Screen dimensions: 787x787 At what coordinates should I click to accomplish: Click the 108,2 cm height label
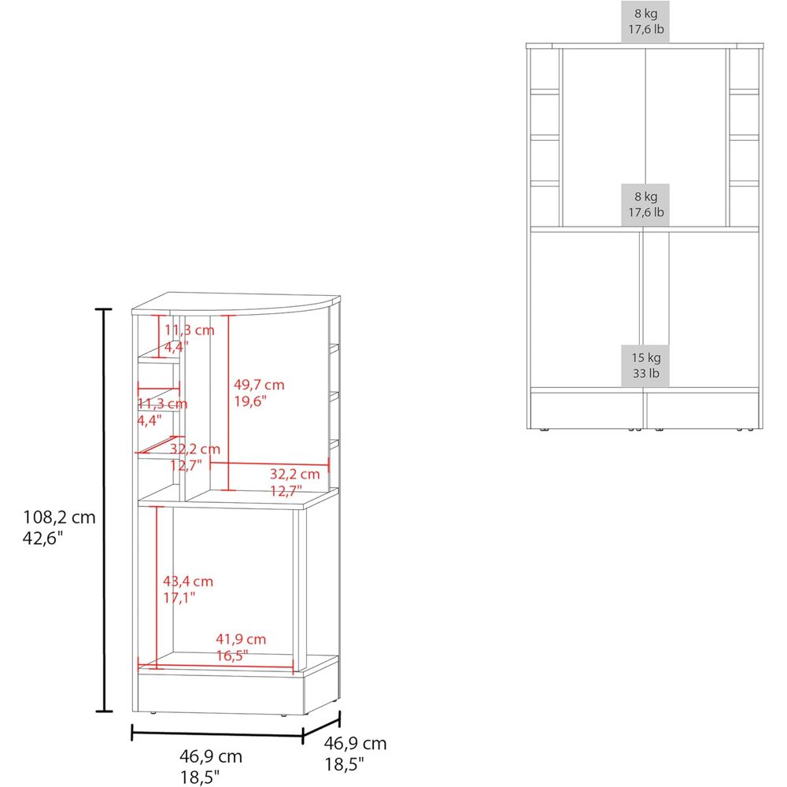tap(59, 517)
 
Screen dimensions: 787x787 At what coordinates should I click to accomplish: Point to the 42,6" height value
tap(42, 538)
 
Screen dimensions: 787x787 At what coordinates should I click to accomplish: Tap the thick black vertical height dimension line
tap(104, 511)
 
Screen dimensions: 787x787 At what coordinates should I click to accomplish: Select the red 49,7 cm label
tap(259, 385)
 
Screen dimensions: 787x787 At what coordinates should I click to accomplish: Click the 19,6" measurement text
tap(250, 401)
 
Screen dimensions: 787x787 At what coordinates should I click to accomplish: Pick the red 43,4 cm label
tap(188, 582)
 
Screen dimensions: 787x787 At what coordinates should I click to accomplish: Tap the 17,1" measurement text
tap(179, 597)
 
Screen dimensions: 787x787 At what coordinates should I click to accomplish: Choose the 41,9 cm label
tap(241, 639)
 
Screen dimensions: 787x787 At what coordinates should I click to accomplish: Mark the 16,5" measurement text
tap(232, 655)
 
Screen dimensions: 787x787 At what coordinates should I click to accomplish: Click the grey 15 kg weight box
tap(645, 365)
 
